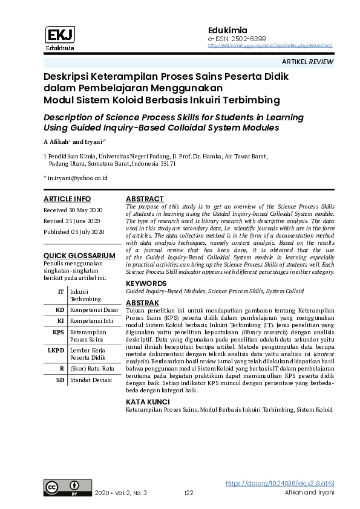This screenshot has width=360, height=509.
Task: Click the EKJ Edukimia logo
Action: [60, 38]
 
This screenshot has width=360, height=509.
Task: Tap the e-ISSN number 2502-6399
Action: [232, 38]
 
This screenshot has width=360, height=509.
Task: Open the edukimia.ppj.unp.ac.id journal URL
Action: [270, 45]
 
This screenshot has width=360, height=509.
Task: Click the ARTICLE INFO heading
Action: [67, 199]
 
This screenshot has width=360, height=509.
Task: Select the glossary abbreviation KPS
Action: [58, 332]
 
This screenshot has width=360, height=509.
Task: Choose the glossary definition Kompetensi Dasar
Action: [93, 310]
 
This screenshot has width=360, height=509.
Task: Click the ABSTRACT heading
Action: [145, 199]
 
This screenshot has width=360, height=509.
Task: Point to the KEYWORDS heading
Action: [146, 284]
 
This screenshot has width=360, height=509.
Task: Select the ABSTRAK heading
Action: [142, 302]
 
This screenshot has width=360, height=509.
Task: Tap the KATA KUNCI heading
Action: [148, 402]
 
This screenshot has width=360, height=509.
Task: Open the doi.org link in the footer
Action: [280, 484]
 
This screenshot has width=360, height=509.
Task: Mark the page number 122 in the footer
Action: [188, 493]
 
